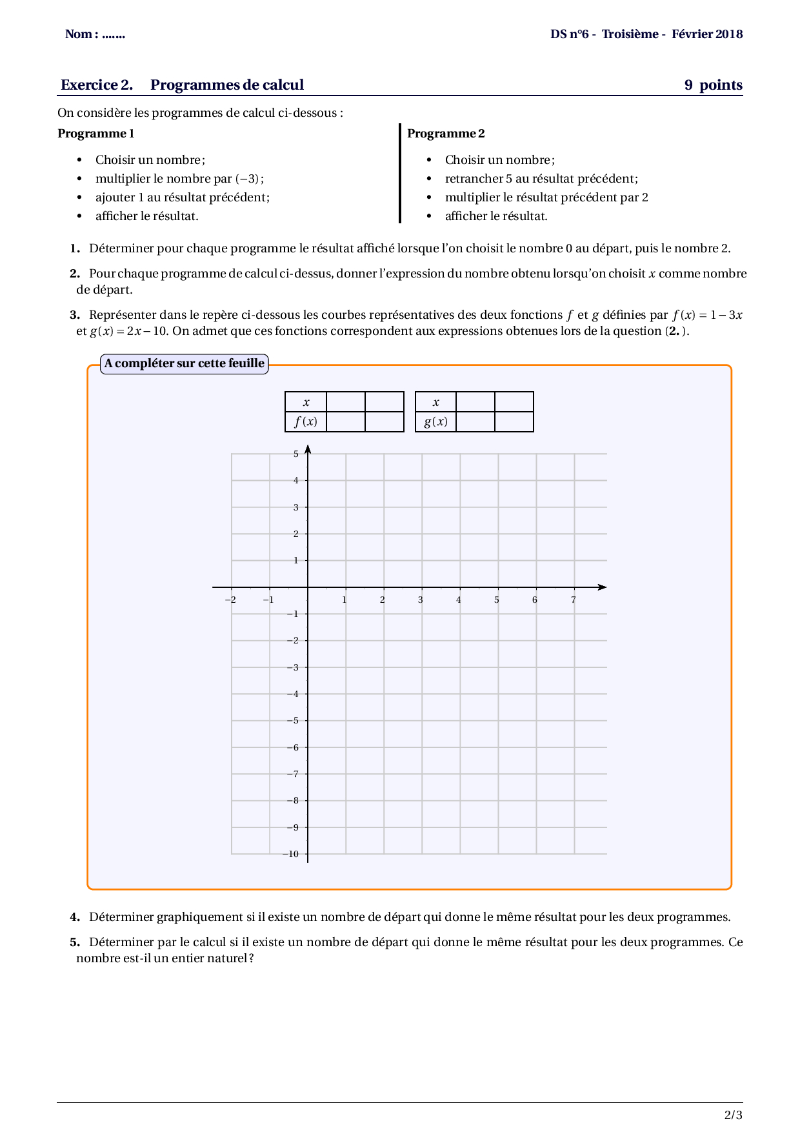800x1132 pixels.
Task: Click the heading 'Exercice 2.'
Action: tap(97, 85)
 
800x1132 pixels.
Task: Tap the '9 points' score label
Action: tap(713, 85)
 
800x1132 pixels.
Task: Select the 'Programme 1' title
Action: tap(96, 134)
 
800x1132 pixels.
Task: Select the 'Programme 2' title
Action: tap(446, 134)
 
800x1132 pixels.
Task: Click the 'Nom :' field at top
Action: tap(95, 34)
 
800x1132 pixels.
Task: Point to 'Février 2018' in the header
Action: tap(707, 34)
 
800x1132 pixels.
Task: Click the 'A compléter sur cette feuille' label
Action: tap(185, 363)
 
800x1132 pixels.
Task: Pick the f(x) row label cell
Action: tap(306, 422)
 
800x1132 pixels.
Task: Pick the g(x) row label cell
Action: tap(435, 422)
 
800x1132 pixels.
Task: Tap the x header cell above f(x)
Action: tap(306, 402)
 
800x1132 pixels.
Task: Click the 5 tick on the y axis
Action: tap(296, 454)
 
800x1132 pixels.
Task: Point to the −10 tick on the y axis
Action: tap(291, 854)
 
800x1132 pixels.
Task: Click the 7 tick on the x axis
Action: tap(574, 600)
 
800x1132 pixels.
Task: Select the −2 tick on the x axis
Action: tap(230, 600)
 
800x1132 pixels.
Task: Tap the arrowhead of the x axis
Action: tap(603, 587)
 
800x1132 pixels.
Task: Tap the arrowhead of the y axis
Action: tap(308, 449)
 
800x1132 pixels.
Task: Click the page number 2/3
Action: tap(733, 1115)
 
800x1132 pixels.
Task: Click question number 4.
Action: tap(75, 917)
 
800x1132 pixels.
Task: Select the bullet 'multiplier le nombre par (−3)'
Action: tap(179, 179)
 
